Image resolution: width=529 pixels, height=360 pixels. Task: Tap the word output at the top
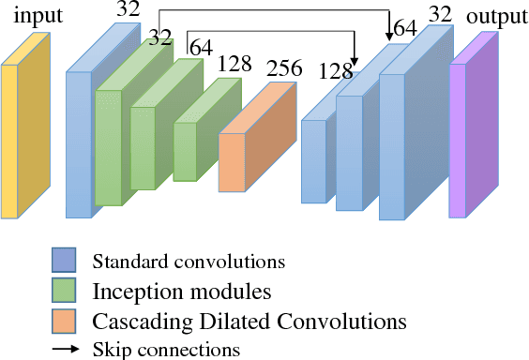point(495,18)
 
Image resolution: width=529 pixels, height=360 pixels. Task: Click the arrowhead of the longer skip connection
point(389,37)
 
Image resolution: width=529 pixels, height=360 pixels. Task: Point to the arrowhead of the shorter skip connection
point(355,62)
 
